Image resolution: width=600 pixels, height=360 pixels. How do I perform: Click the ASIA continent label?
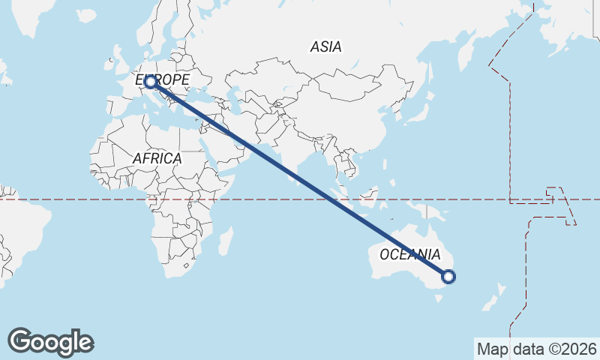coord(325,46)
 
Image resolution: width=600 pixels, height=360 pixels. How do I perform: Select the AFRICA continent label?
coord(157,158)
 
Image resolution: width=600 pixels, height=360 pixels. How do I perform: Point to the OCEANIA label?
coord(409,254)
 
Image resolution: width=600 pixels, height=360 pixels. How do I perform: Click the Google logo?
coord(50,342)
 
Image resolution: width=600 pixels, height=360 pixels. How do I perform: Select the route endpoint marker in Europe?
coord(151,81)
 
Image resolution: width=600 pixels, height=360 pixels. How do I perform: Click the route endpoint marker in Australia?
coord(448,277)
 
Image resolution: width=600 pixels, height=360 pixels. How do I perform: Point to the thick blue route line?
coord(300,179)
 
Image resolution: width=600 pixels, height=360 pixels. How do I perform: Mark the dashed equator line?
coord(75,199)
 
